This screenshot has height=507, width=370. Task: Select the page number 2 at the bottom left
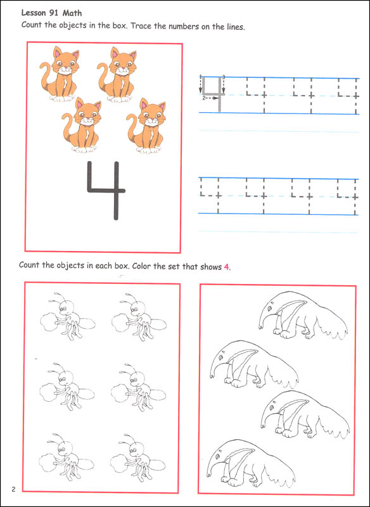pos(13,489)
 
